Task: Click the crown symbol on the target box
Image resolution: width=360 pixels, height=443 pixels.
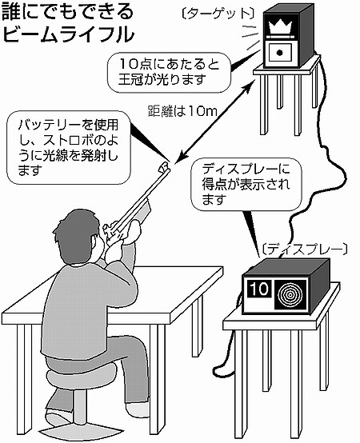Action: tap(280, 26)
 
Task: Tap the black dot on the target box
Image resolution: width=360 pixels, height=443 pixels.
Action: tap(279, 52)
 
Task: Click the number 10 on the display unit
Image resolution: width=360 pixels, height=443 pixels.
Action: tap(260, 289)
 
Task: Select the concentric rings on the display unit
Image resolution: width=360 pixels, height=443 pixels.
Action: tap(290, 294)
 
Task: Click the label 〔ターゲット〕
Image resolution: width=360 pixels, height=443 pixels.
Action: tap(218, 14)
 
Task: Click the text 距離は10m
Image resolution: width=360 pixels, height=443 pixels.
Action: tap(182, 111)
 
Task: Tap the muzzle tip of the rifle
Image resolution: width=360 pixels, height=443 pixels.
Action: tap(165, 167)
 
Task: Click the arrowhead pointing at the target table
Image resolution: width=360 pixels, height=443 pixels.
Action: tap(248, 86)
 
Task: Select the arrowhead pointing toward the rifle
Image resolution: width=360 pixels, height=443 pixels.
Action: tap(182, 157)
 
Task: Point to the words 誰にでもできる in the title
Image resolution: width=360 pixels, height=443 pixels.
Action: tap(67, 12)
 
